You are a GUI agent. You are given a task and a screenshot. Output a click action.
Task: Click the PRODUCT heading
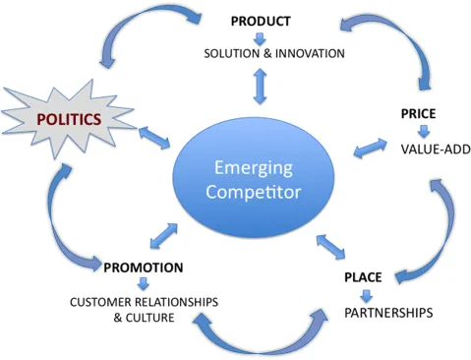(x=261, y=21)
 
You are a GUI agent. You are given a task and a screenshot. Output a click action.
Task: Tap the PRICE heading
(x=418, y=114)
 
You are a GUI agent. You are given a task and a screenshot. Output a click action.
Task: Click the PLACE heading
(x=362, y=277)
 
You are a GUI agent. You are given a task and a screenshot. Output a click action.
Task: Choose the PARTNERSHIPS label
(x=389, y=313)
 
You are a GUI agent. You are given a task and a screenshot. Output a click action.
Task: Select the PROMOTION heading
(x=144, y=267)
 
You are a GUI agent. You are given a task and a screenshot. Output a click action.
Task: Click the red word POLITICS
(x=69, y=119)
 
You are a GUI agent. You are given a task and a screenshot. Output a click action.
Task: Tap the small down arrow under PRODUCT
(x=261, y=37)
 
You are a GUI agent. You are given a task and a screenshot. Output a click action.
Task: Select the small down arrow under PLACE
(x=367, y=295)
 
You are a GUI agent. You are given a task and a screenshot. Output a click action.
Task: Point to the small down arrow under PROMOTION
(x=144, y=284)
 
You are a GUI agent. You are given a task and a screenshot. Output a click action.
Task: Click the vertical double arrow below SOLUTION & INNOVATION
(x=261, y=86)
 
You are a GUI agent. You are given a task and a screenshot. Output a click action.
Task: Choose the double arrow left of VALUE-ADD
(x=370, y=150)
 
